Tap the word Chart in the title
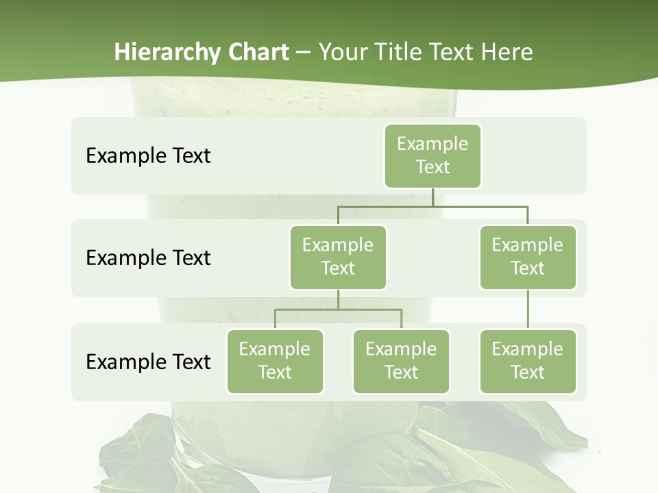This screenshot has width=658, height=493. [257, 52]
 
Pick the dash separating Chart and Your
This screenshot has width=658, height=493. [304, 52]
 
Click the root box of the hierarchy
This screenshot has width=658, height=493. [432, 156]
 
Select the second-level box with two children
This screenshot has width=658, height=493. [338, 257]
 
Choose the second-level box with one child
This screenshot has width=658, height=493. [528, 257]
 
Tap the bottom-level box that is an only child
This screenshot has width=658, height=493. [528, 361]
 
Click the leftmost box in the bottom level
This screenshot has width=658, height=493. [275, 361]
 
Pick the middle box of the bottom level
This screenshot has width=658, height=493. [401, 361]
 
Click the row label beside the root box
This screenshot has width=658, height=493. [148, 155]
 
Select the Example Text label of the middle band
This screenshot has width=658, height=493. [148, 257]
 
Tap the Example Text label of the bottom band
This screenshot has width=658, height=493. [148, 362]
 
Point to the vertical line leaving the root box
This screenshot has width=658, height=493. [432, 197]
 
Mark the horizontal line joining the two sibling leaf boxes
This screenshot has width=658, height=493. [338, 309]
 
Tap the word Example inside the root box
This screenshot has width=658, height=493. [432, 144]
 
